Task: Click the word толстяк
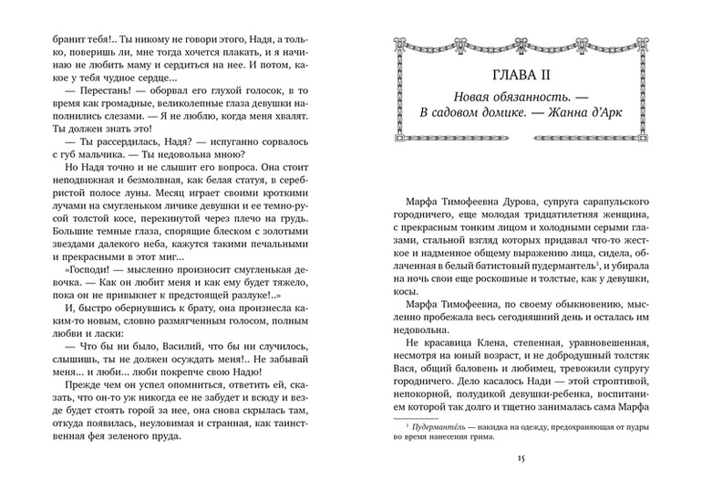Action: pos(625,354)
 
